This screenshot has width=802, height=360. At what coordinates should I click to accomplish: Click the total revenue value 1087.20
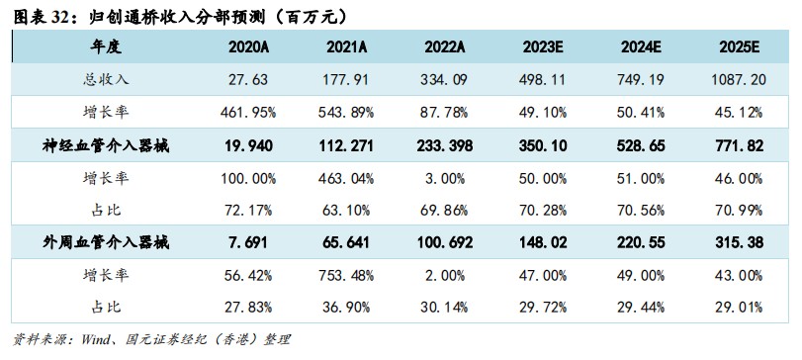tap(736, 79)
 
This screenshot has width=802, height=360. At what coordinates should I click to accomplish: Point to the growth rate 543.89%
tap(347, 112)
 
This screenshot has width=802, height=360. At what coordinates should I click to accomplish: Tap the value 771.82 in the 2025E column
tap(736, 145)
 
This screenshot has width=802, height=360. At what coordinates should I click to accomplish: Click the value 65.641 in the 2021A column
tap(347, 242)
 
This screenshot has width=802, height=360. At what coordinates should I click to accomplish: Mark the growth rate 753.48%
tap(347, 275)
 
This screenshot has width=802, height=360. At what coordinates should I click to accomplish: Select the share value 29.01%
tap(736, 308)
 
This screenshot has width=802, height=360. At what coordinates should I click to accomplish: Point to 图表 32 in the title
tap(40, 14)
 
